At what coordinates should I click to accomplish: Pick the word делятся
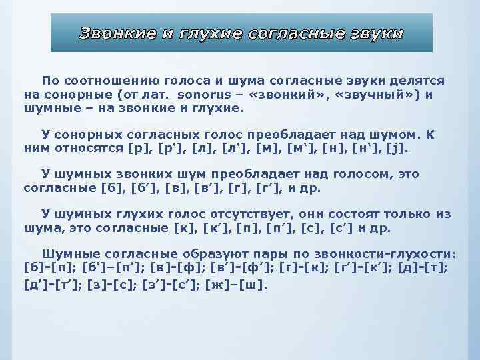pos(419,81)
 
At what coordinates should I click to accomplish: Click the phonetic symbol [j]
pos(400,147)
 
